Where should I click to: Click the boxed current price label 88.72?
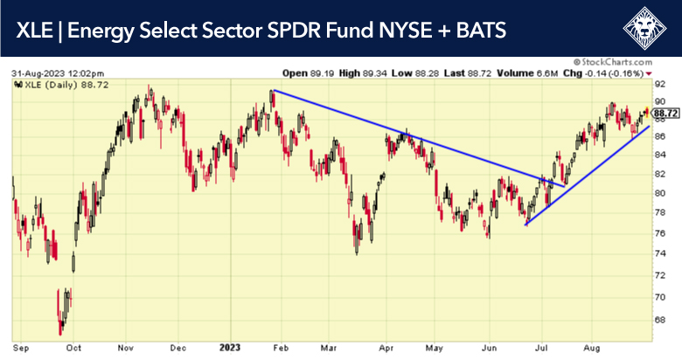click(666, 113)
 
